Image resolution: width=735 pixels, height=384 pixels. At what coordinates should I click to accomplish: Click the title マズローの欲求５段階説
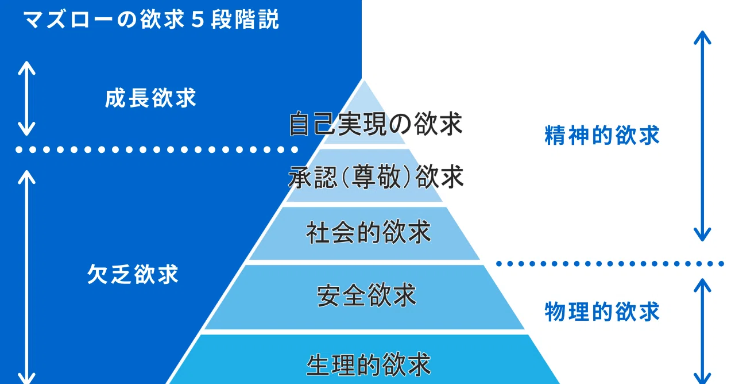click(x=151, y=20)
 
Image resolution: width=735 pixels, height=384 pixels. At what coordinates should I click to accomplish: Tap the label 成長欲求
click(x=150, y=98)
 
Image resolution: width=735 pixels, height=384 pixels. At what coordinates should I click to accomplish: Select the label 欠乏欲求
click(x=133, y=274)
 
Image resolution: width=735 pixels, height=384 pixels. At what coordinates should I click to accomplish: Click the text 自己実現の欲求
click(x=376, y=124)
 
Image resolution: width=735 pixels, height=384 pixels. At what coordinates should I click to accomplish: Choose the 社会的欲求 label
click(x=368, y=232)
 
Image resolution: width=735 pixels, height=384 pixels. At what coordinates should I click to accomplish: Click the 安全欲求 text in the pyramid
click(x=366, y=295)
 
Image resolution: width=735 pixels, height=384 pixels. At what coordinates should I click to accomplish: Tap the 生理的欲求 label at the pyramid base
click(x=368, y=364)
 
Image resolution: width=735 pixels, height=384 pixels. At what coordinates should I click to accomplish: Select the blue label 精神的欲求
click(x=602, y=135)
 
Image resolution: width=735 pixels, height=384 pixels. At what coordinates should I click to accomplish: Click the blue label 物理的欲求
click(x=602, y=312)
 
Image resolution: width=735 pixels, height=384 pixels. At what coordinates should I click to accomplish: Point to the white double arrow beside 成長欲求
click(x=26, y=98)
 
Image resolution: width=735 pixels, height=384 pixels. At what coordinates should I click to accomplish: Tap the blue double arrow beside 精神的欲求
click(x=702, y=136)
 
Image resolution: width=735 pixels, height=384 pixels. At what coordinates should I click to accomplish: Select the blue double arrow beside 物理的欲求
click(x=702, y=331)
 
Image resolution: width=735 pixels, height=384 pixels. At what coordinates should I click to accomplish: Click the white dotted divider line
click(x=157, y=150)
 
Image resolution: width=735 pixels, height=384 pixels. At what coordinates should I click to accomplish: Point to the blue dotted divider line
click(x=610, y=263)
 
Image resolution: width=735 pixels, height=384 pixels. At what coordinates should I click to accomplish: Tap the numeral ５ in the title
click(x=198, y=20)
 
